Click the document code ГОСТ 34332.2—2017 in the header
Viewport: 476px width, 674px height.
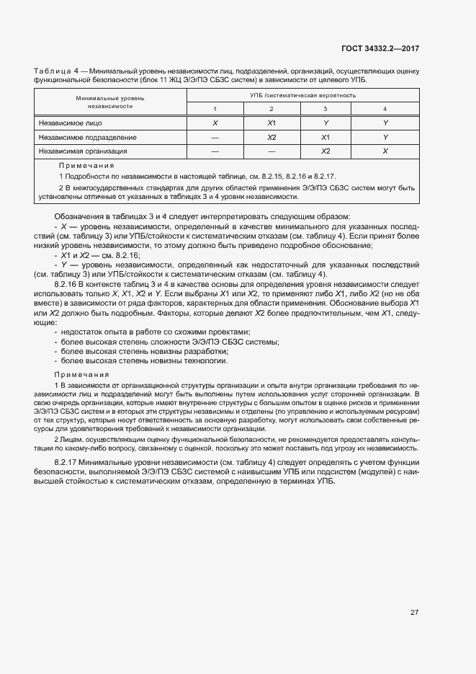(380, 48)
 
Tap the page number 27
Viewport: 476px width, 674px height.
(414, 612)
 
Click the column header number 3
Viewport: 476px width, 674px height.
(325, 109)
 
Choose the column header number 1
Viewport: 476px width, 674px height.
(215, 109)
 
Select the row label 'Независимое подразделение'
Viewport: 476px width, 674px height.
(88, 137)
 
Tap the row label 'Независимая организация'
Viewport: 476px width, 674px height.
(83, 151)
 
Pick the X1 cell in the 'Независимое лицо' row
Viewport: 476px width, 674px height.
(271, 123)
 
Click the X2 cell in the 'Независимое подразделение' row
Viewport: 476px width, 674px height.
(271, 137)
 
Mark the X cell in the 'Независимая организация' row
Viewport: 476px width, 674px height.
(385, 151)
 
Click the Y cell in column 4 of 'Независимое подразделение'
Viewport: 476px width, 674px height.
(385, 137)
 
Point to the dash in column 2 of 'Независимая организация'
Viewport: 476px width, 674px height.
(271, 151)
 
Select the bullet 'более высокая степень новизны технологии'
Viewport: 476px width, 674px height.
(144, 360)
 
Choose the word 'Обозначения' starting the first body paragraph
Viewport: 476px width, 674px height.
(80, 216)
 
